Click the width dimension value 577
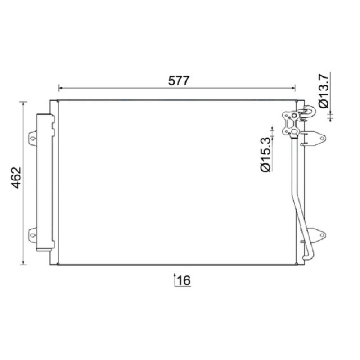click(x=179, y=81)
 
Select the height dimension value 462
click(x=16, y=178)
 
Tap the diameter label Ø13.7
click(x=324, y=91)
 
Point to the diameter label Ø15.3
click(x=265, y=154)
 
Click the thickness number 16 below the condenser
click(x=184, y=280)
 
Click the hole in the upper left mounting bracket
click(x=33, y=139)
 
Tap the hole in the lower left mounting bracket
click(x=33, y=235)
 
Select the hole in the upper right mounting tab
click(x=323, y=138)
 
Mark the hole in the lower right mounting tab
click(x=323, y=235)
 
